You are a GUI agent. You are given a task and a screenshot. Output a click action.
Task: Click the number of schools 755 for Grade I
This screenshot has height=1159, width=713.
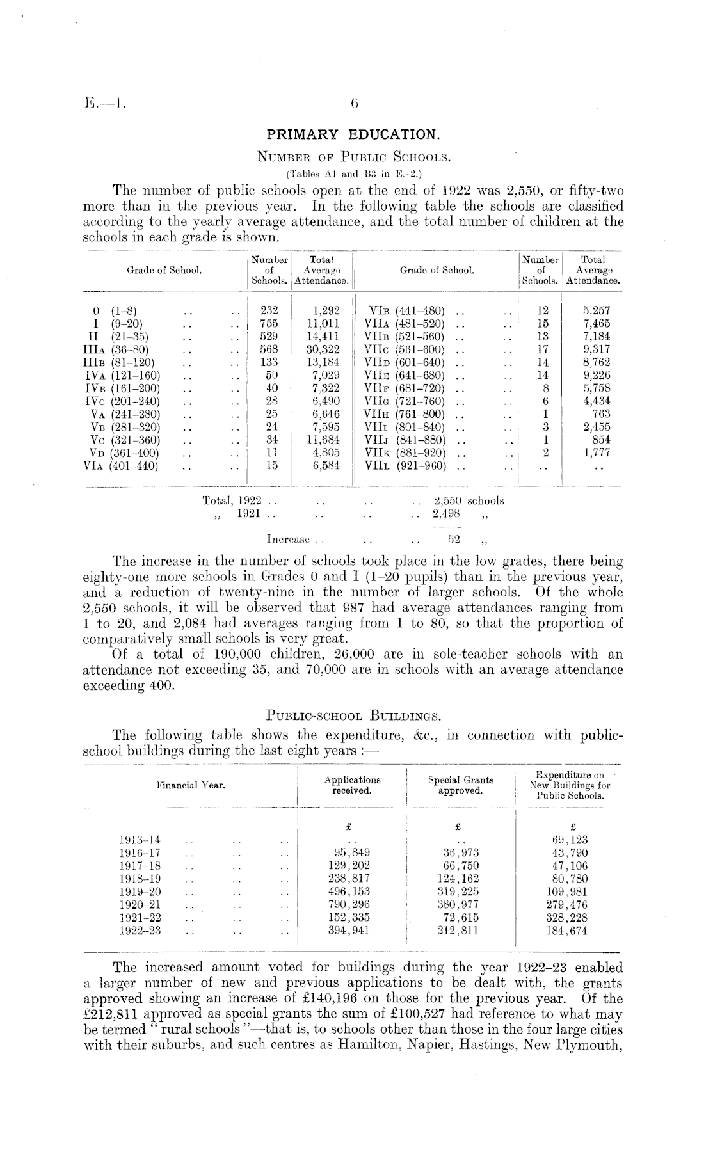coord(269,324)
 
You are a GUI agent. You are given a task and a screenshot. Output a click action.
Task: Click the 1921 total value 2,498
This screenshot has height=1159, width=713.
coord(447,514)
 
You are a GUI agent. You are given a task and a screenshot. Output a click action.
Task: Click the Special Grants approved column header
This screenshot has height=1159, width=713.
coord(460,785)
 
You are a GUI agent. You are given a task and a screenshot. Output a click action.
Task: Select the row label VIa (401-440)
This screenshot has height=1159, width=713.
coord(121,466)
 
